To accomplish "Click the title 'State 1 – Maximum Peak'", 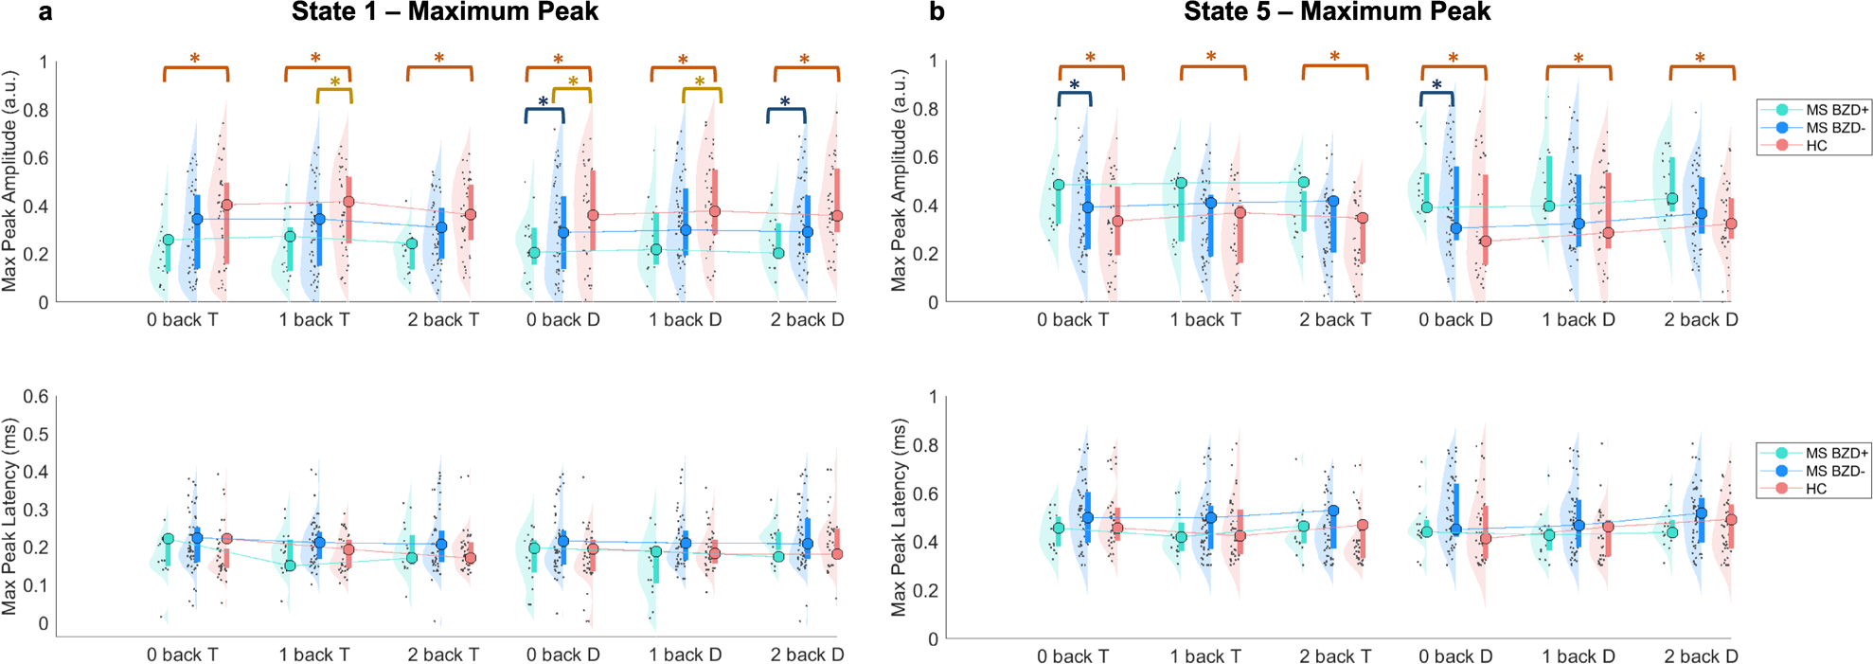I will pyautogui.click(x=444, y=12).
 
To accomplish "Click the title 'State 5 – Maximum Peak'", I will pyautogui.click(x=1336, y=12).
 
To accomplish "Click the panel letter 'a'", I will pyautogui.click(x=45, y=12).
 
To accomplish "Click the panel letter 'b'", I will pyautogui.click(x=936, y=12).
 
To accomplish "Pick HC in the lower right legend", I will pyautogui.click(x=1815, y=489).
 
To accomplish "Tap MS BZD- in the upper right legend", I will pyautogui.click(x=1835, y=128).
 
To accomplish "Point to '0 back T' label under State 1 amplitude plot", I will pyautogui.click(x=182, y=320).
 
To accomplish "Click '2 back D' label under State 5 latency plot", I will pyautogui.click(x=1701, y=656).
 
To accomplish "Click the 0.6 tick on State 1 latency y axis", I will pyautogui.click(x=36, y=397).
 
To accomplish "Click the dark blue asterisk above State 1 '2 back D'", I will pyautogui.click(x=785, y=101).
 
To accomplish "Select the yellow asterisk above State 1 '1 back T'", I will pyautogui.click(x=334, y=82).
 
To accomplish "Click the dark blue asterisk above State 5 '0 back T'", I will pyautogui.click(x=1074, y=85).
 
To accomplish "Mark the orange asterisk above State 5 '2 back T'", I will pyautogui.click(x=1334, y=57).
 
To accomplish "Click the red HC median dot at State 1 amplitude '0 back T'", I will pyautogui.click(x=226, y=205).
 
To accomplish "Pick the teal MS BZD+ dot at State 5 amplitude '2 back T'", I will pyautogui.click(x=1303, y=182).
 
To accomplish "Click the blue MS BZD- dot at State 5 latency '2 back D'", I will pyautogui.click(x=1701, y=513).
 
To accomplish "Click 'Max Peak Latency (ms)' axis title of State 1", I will pyautogui.click(x=10, y=516).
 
